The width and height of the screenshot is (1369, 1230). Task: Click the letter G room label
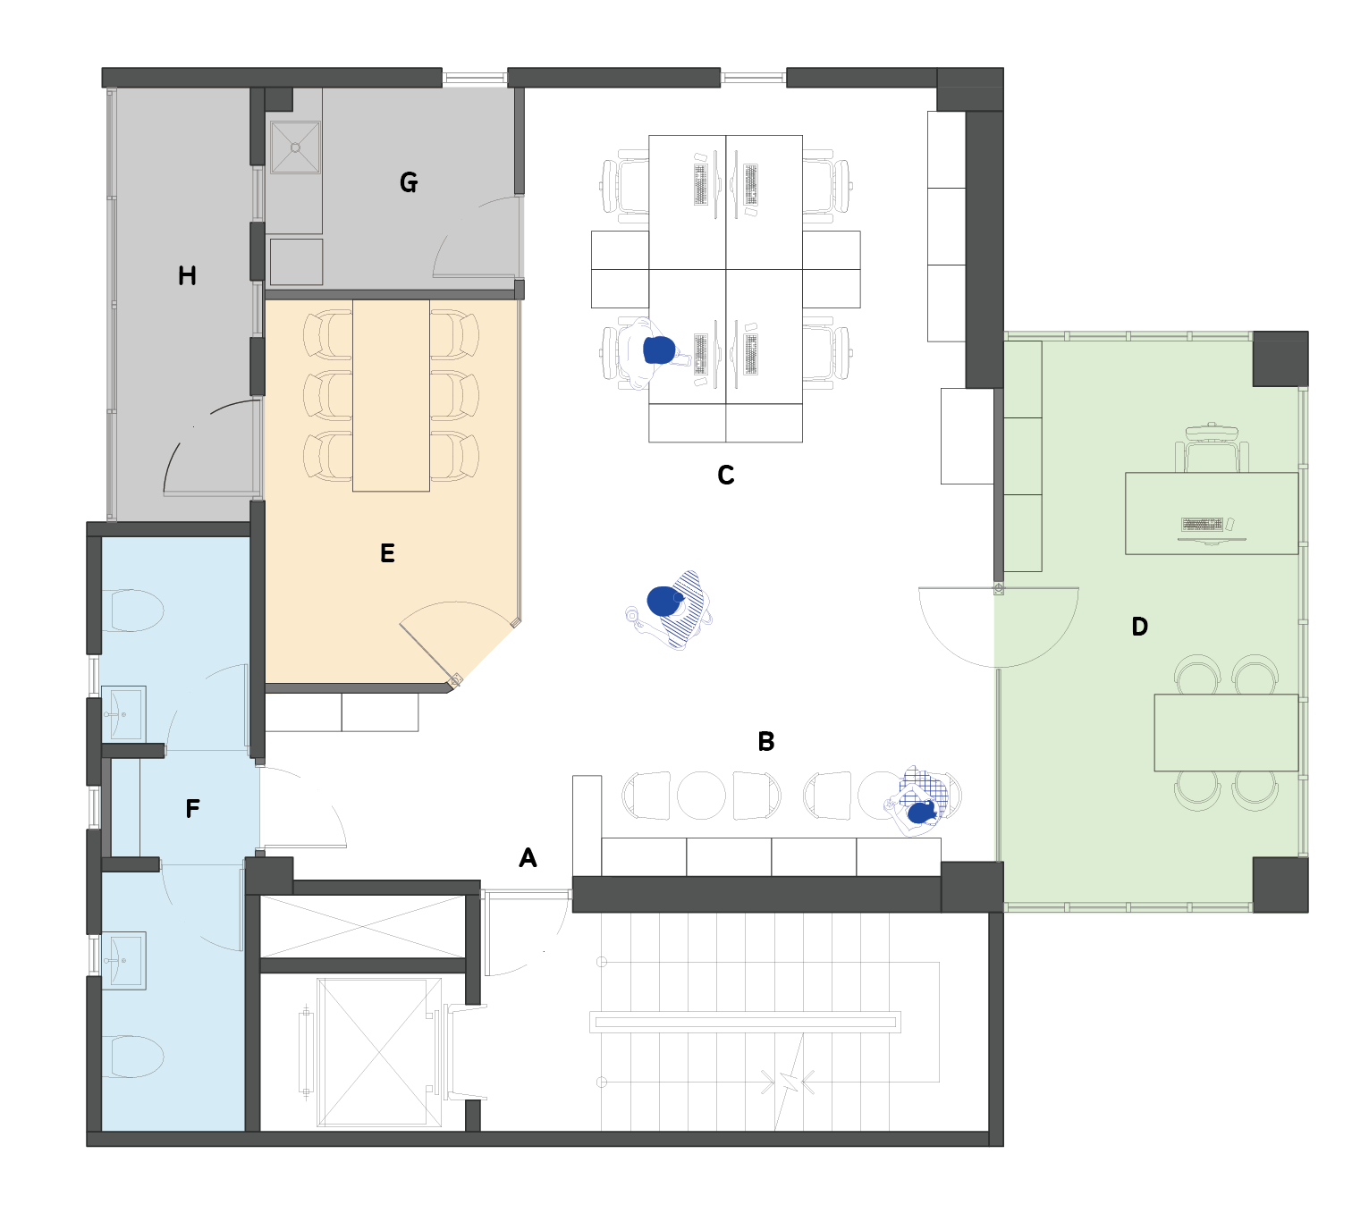tap(408, 182)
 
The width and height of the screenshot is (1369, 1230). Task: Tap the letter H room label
tap(187, 275)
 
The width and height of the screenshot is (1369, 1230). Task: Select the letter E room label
tap(387, 552)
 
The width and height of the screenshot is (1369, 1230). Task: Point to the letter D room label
tap(1139, 627)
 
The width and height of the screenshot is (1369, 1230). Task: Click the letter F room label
tap(192, 808)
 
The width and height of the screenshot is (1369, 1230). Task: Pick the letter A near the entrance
tap(528, 857)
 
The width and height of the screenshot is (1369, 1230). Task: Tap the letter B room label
tap(765, 742)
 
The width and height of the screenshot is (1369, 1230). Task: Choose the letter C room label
tap(725, 475)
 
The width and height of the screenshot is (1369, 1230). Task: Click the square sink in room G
tap(295, 147)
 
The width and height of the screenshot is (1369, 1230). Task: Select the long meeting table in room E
tap(391, 396)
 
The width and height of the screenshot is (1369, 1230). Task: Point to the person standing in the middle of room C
tap(669, 609)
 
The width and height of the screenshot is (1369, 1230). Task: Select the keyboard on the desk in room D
tap(1202, 524)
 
